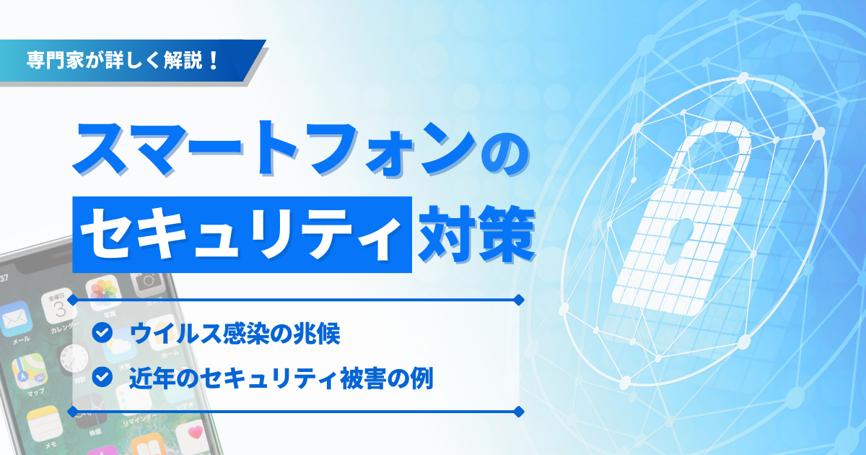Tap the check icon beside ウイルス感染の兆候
tap(103, 333)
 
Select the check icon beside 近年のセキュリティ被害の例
tap(103, 376)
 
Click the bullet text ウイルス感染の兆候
tap(235, 333)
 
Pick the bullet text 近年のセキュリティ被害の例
tap(281, 377)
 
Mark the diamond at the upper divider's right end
tap(517, 298)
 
